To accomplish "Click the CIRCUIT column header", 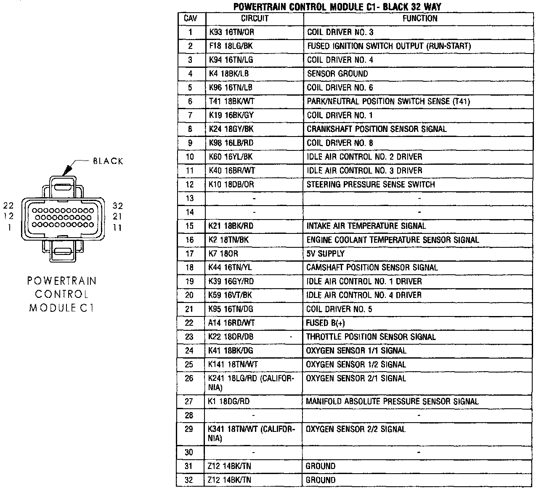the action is pos(254,19).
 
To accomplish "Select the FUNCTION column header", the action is pos(419,19).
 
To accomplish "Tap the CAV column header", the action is pos(190,19).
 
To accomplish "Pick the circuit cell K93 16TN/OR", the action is pos(231,32).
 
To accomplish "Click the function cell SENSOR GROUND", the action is pos(337,74).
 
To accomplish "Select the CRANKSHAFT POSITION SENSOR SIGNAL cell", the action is pos(377,129).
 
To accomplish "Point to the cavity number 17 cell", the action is pos(190,254).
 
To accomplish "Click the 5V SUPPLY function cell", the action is pos(325,254).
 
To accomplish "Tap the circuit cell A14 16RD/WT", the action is pos(231,323).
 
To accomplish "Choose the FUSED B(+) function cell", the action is pos(323,323).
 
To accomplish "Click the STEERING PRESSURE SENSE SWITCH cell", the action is pos(371,185).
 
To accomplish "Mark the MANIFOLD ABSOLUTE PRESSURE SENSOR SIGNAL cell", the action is pos(392,402).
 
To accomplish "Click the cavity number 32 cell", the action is pos(189,480).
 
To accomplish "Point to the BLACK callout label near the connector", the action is pos(108,161).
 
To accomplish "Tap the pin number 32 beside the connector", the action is pos(118,206).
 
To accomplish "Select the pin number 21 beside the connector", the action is pos(118,217).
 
